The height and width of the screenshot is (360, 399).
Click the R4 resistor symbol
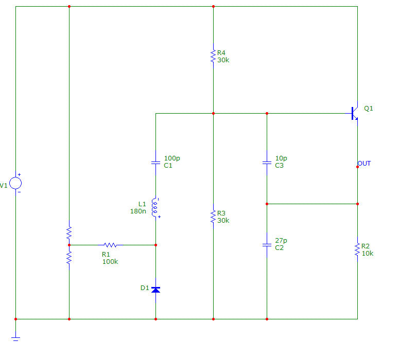pyautogui.click(x=213, y=56)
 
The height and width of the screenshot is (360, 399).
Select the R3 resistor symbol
pyautogui.click(x=213, y=217)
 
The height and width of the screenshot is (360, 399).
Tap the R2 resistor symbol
pyautogui.click(x=357, y=249)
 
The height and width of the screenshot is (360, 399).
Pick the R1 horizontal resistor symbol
pyautogui.click(x=110, y=245)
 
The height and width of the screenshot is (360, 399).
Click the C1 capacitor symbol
pyautogui.click(x=156, y=162)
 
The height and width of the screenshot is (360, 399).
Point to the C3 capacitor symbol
pyautogui.click(x=267, y=162)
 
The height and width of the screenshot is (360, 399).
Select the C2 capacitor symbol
pyautogui.click(x=267, y=244)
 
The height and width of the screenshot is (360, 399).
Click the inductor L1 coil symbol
pyautogui.click(x=155, y=208)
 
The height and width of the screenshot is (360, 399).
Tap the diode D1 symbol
pyautogui.click(x=156, y=290)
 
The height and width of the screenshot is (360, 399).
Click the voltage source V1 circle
pyautogui.click(x=15, y=184)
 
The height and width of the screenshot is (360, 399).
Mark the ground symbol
pyautogui.click(x=15, y=338)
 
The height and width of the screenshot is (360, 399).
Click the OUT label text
pyautogui.click(x=364, y=164)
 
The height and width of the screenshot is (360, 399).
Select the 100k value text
pyautogui.click(x=110, y=261)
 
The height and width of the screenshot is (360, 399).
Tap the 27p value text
pyautogui.click(x=281, y=241)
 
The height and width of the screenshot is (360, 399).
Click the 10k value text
pyautogui.click(x=367, y=253)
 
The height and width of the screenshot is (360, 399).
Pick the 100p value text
pyautogui.click(x=172, y=158)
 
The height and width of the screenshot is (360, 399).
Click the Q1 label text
pyautogui.click(x=368, y=109)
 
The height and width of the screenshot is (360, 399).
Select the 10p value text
pyautogui.click(x=281, y=158)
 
